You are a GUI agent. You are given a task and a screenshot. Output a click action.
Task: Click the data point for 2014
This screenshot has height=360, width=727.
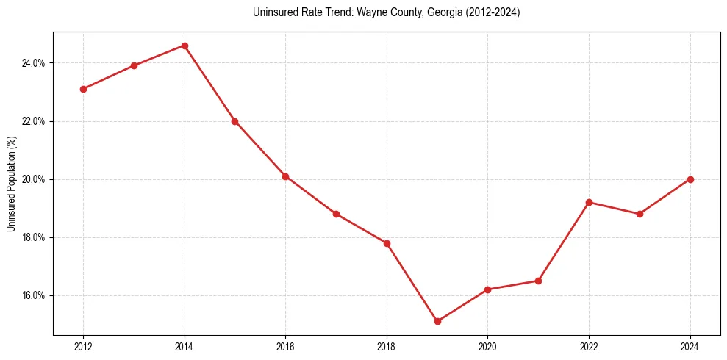click(185, 46)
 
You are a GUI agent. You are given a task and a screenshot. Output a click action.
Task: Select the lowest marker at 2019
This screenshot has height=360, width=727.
click(437, 321)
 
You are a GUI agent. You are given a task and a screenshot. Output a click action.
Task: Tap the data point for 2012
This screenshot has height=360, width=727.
click(83, 89)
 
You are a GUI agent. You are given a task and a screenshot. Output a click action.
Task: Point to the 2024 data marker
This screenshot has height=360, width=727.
click(690, 179)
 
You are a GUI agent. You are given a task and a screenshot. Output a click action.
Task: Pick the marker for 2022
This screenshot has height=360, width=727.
click(589, 202)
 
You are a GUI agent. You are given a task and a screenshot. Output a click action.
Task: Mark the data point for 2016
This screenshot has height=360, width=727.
click(285, 176)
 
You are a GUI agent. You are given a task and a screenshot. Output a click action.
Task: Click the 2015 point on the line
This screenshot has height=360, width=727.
click(234, 121)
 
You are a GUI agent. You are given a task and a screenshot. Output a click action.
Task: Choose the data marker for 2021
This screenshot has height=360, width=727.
click(538, 281)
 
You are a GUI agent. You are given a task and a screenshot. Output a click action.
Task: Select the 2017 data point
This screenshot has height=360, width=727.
click(336, 214)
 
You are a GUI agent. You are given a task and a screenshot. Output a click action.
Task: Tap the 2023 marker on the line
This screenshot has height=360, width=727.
click(640, 214)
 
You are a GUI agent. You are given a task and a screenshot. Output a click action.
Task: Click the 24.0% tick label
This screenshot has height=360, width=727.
click(34, 63)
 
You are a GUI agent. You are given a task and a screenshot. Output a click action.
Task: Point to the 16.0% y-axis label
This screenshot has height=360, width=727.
click(34, 295)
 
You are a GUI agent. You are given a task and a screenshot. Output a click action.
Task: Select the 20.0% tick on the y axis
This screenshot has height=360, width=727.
click(34, 179)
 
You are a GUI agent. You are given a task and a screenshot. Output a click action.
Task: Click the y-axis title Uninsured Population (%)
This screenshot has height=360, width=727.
click(12, 184)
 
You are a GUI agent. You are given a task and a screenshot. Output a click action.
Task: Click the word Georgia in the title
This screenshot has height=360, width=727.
click(440, 12)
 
